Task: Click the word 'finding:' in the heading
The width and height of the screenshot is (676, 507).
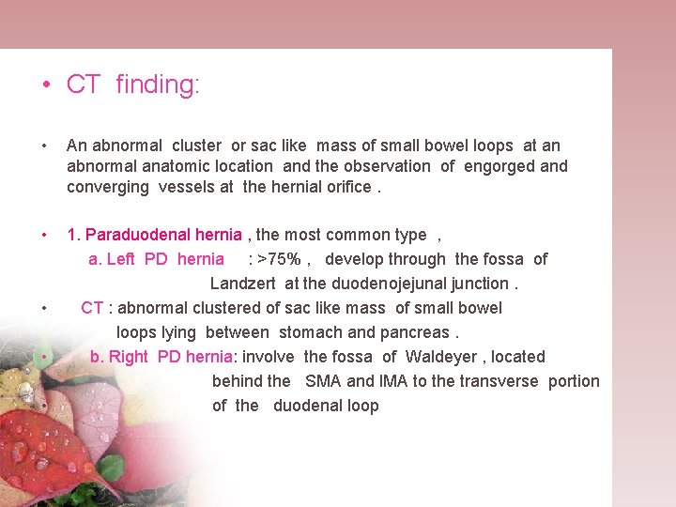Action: [158, 84]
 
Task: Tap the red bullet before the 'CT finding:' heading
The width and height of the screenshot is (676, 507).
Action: [46, 85]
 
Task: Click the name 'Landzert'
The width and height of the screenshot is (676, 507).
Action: [244, 284]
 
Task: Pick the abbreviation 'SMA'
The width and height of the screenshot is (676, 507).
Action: [323, 381]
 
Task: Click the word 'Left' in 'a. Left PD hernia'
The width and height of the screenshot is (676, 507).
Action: [121, 259]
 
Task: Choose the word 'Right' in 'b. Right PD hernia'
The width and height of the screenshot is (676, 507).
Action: [131, 357]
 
